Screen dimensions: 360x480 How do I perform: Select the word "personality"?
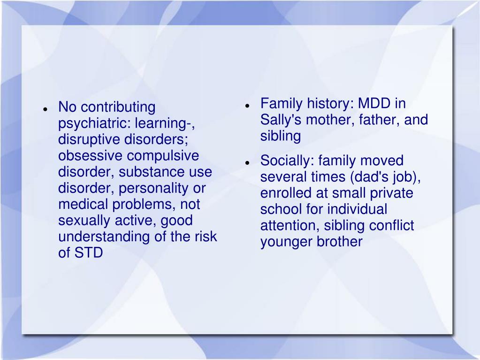tap(156, 188)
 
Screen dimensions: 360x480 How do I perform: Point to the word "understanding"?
tap(104, 237)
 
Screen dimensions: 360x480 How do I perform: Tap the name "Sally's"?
tap(281, 120)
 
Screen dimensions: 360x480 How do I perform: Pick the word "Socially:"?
tap(288, 161)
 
